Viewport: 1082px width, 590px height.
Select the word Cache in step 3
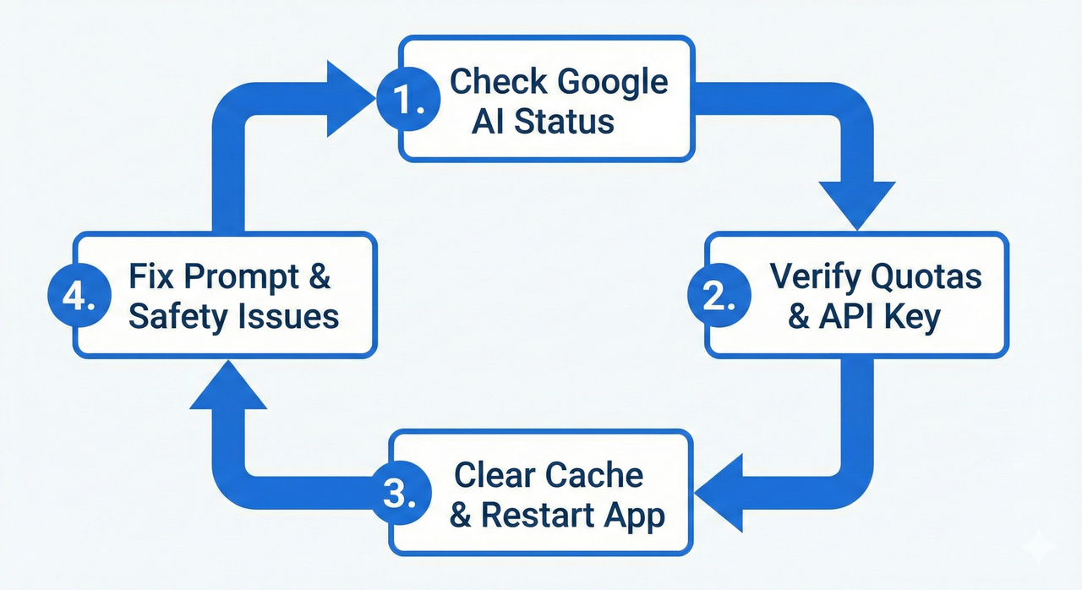[596, 475]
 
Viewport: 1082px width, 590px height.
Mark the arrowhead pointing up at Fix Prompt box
[224, 385]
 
